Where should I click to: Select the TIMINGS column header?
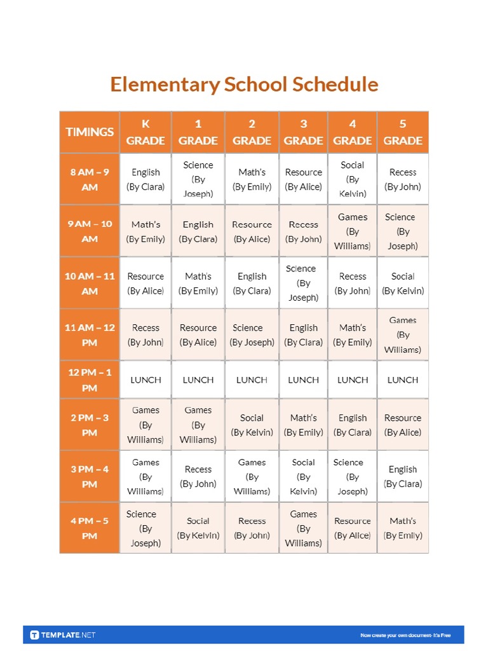90,132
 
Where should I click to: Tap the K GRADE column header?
146,132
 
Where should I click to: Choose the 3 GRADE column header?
303,132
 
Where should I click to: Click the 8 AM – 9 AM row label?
90,179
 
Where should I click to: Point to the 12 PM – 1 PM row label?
90,380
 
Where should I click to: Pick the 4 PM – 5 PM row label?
90,528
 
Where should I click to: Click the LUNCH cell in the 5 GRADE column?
403,380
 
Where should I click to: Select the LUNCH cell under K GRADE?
146,380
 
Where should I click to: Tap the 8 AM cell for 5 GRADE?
403,179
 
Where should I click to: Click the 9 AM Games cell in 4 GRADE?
353,231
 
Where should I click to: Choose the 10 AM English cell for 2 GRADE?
252,284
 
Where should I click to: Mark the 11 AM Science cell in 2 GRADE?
252,335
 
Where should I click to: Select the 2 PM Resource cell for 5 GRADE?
403,425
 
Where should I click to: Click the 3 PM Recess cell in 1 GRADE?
198,476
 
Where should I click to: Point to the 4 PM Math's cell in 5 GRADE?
403,528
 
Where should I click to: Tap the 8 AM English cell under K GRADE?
146,179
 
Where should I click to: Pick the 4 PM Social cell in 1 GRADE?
198,528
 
